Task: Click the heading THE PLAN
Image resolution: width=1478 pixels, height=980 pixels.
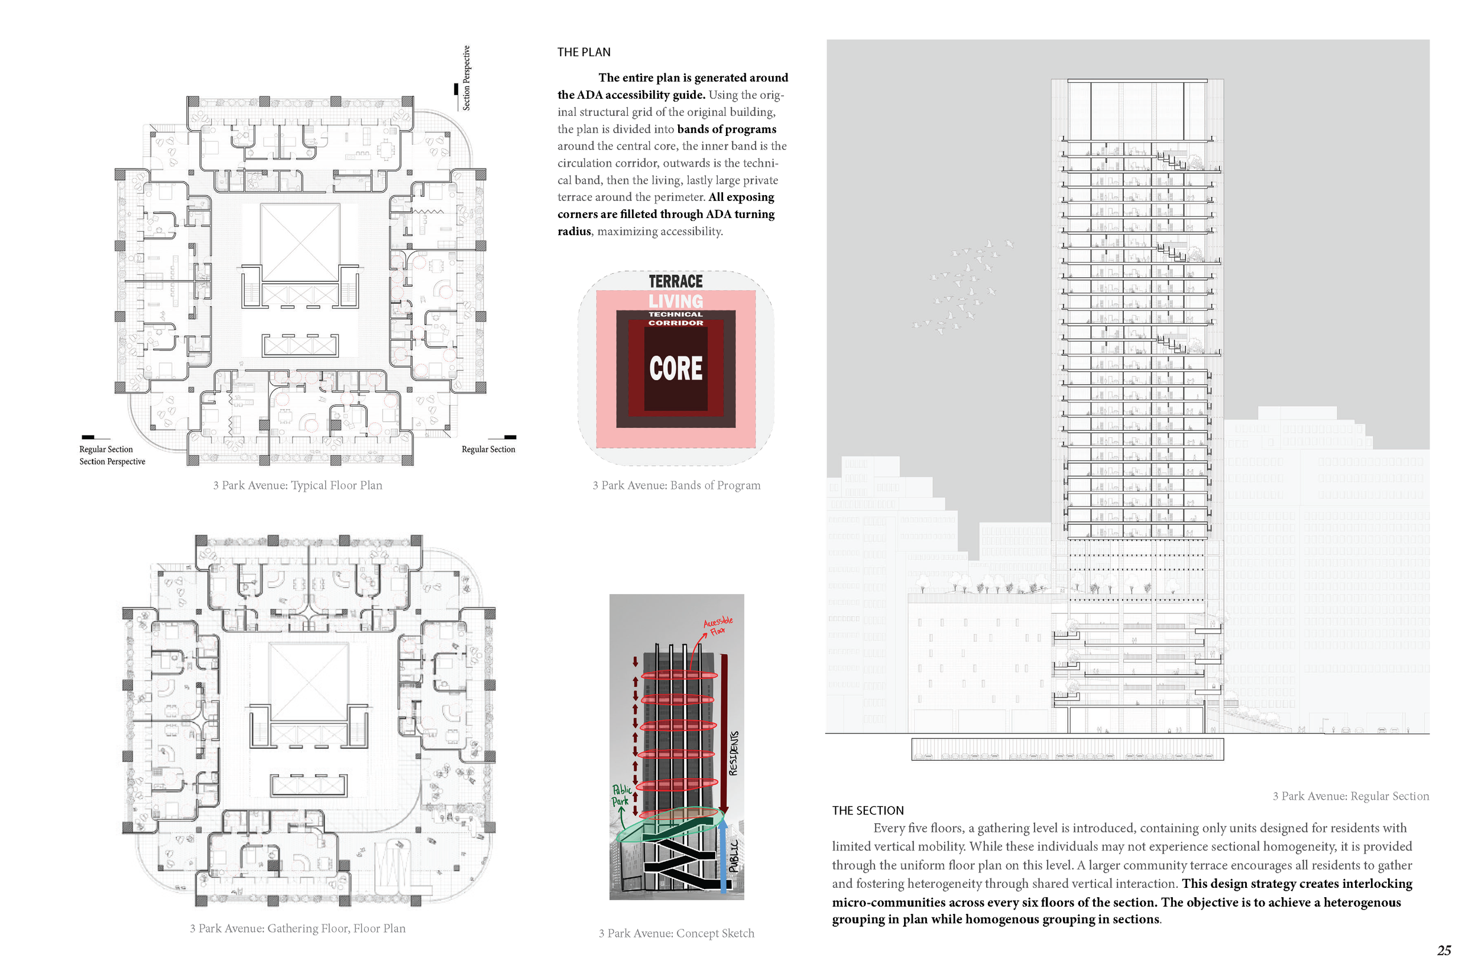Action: [583, 53]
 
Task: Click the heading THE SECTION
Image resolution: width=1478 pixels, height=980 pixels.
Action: [867, 810]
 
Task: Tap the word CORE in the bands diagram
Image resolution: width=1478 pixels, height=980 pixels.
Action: [675, 368]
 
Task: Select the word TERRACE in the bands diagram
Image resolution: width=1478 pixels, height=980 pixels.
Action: [675, 281]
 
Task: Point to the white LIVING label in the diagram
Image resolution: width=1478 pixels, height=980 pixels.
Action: [675, 301]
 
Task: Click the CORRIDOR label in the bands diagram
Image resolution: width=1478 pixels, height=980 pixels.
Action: [675, 323]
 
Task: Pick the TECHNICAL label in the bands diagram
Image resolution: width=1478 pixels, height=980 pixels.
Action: [675, 314]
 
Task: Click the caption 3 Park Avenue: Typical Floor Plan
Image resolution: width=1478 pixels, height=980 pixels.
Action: [297, 485]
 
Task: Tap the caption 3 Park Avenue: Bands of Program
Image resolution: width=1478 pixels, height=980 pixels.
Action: [676, 485]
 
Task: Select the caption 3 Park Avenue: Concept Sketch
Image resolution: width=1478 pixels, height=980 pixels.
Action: [676, 933]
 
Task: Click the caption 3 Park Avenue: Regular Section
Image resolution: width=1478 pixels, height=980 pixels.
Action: [1350, 796]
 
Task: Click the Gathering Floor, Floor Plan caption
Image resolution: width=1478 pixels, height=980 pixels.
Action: [297, 928]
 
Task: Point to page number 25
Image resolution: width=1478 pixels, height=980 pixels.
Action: [1444, 950]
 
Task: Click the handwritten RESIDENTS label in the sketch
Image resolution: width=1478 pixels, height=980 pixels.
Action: [734, 752]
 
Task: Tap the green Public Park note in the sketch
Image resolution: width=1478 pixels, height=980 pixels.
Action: [621, 795]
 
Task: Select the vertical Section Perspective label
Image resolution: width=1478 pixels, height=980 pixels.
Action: [466, 78]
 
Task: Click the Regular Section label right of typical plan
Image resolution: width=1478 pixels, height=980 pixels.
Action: [488, 449]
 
